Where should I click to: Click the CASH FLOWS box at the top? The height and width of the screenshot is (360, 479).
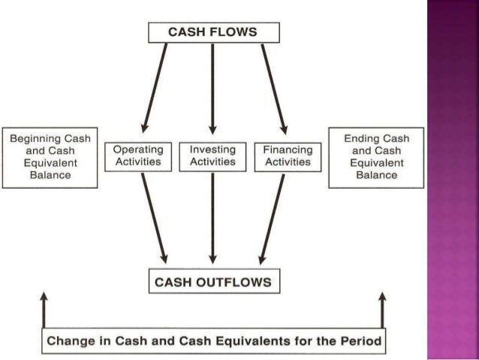click(212, 32)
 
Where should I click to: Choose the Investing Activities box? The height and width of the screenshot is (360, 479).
click(212, 156)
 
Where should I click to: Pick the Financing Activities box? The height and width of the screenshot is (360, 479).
click(288, 156)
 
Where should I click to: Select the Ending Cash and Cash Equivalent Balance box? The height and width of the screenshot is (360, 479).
click(376, 157)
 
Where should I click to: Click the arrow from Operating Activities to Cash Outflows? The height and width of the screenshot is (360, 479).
click(154, 218)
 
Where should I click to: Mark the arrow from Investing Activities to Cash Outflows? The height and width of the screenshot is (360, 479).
click(212, 218)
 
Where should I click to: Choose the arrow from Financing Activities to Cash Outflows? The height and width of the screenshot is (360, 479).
click(272, 218)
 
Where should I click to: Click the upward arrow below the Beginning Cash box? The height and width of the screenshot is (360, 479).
click(45, 312)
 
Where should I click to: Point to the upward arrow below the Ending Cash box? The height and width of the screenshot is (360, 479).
click(382, 312)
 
